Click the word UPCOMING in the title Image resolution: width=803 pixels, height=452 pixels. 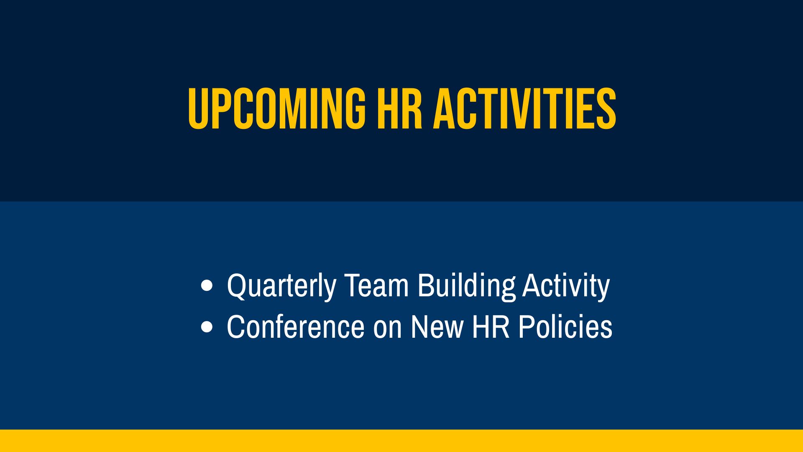[x=277, y=109]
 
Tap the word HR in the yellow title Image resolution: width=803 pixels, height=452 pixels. [x=400, y=109]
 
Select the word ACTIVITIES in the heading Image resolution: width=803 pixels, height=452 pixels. [x=524, y=109]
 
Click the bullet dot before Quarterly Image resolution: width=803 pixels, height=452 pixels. [x=207, y=286]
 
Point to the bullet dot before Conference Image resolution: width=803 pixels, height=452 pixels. [x=207, y=327]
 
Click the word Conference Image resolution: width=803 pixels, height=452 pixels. [x=296, y=326]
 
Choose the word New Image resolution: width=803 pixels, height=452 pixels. [x=437, y=326]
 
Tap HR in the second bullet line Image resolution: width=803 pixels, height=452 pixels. [x=491, y=326]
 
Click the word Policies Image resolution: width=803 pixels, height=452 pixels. [x=565, y=326]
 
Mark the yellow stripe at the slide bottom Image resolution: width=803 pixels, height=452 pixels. [x=401, y=441]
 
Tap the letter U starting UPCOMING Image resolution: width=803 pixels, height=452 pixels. [x=199, y=109]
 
